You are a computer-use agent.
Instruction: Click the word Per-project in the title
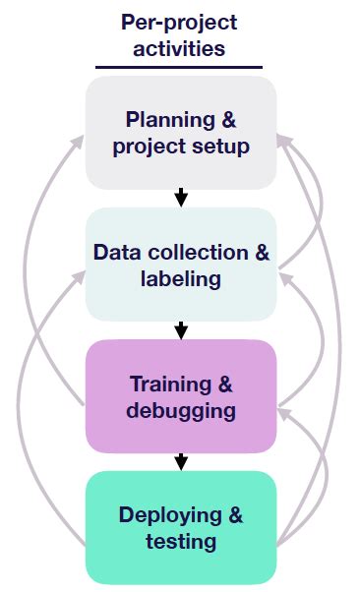tap(180, 22)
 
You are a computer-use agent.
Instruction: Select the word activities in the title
tap(180, 48)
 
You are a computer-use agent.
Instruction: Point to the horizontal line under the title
tap(180, 68)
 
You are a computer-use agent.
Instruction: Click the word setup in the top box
tap(218, 147)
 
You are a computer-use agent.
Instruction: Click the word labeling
tap(180, 279)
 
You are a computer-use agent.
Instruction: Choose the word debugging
tap(180, 410)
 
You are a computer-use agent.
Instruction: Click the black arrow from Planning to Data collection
tap(180, 198)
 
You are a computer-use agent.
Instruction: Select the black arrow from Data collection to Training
tap(180, 329)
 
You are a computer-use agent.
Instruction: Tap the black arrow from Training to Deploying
tap(180, 461)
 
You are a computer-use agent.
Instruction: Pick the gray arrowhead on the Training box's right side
tap(282, 412)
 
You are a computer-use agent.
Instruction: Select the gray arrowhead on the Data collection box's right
tap(283, 278)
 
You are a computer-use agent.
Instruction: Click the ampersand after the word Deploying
tap(233, 514)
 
